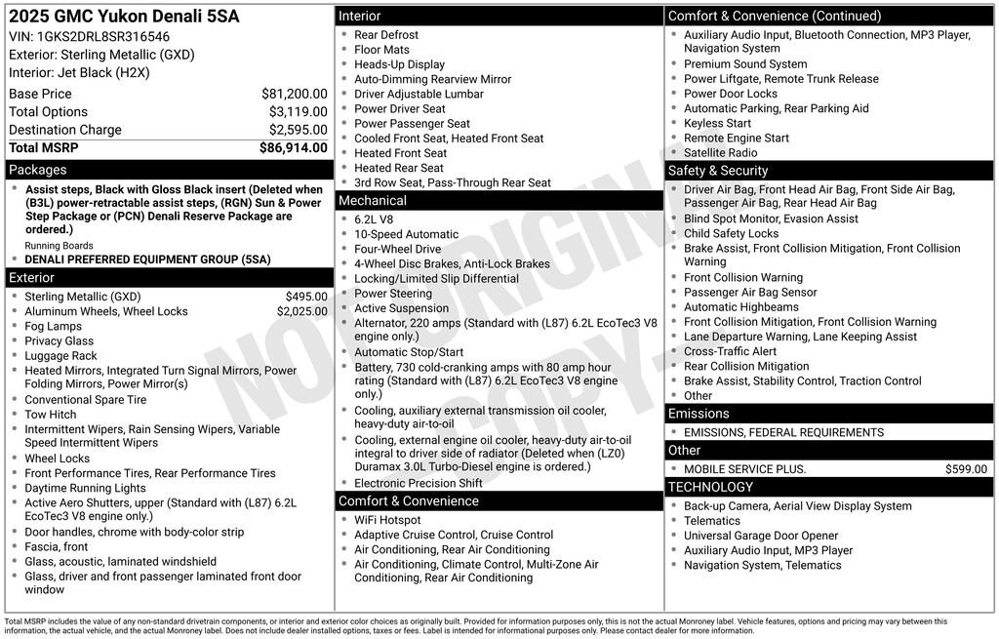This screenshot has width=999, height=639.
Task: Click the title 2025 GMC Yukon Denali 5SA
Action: pyautogui.click(x=124, y=17)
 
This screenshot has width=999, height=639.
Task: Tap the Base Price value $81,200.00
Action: pyautogui.click(x=294, y=94)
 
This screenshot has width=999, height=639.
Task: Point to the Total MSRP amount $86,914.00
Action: pyautogui.click(x=293, y=147)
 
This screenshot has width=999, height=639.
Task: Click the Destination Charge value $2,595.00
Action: pyautogui.click(x=298, y=130)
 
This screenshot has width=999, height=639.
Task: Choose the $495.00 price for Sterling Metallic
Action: pyautogui.click(x=306, y=297)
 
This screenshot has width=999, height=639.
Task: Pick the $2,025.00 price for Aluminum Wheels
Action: pyautogui.click(x=301, y=311)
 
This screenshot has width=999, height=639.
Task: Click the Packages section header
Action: pyautogui.click(x=38, y=170)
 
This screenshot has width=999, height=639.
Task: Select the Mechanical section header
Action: pyautogui.click(x=373, y=200)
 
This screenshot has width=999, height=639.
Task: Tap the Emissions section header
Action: pyautogui.click(x=699, y=414)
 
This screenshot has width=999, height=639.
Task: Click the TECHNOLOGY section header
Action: pyautogui.click(x=710, y=487)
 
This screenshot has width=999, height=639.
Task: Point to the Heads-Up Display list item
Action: pyautogui.click(x=399, y=64)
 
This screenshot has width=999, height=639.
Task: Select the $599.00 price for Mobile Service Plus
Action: pyautogui.click(x=966, y=469)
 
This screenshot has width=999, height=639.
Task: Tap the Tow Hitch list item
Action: pyautogui.click(x=50, y=415)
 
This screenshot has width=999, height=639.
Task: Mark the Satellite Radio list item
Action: pyautogui.click(x=720, y=152)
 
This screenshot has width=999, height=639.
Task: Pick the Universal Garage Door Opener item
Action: pyautogui.click(x=761, y=536)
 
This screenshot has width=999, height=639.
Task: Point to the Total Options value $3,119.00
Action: pyautogui.click(x=298, y=112)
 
